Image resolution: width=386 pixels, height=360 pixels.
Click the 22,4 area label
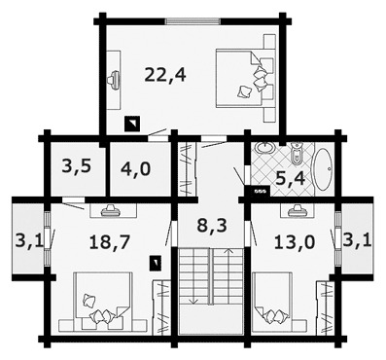pyautogui.click(x=165, y=75)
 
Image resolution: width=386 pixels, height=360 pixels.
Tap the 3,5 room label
pyautogui.click(x=78, y=167)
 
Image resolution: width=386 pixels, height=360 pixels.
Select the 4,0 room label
pyautogui.click(x=135, y=168)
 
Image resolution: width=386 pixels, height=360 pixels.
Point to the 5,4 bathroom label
pyautogui.click(x=291, y=178)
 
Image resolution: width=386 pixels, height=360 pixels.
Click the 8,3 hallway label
pyautogui.click(x=212, y=225)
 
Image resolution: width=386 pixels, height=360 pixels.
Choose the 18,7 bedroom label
pyautogui.click(x=110, y=242)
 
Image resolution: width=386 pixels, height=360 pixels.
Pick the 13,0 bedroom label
pyautogui.click(x=295, y=242)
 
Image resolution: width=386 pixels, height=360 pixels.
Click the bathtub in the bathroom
pyautogui.click(x=324, y=169)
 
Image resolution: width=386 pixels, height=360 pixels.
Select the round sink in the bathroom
pyautogui.click(x=265, y=148)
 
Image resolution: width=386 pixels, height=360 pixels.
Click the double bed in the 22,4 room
pyautogui.click(x=242, y=78)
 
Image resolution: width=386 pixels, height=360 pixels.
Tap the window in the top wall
pyautogui.click(x=193, y=21)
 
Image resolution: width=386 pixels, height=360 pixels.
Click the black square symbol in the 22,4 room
pyautogui.click(x=132, y=124)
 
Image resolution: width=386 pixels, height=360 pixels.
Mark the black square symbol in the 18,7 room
pyautogui.click(x=156, y=263)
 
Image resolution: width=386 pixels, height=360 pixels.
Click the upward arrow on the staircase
pyautogui.click(x=229, y=275)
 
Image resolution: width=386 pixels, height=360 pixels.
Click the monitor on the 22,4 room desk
pyautogui.click(x=114, y=78)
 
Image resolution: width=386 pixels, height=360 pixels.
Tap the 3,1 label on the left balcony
pyautogui.click(x=29, y=241)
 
